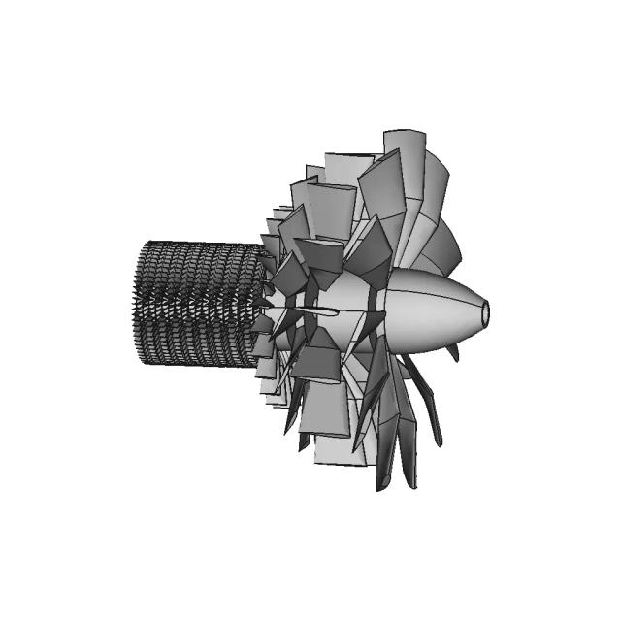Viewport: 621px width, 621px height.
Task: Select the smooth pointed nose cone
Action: [x=437, y=309]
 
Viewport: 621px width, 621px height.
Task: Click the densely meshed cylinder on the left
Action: [x=199, y=303]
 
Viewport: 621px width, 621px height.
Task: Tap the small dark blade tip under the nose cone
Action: [x=452, y=355]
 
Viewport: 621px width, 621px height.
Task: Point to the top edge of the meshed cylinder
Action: [x=199, y=244]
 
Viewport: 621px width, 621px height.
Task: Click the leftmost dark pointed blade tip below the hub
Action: [x=288, y=427]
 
